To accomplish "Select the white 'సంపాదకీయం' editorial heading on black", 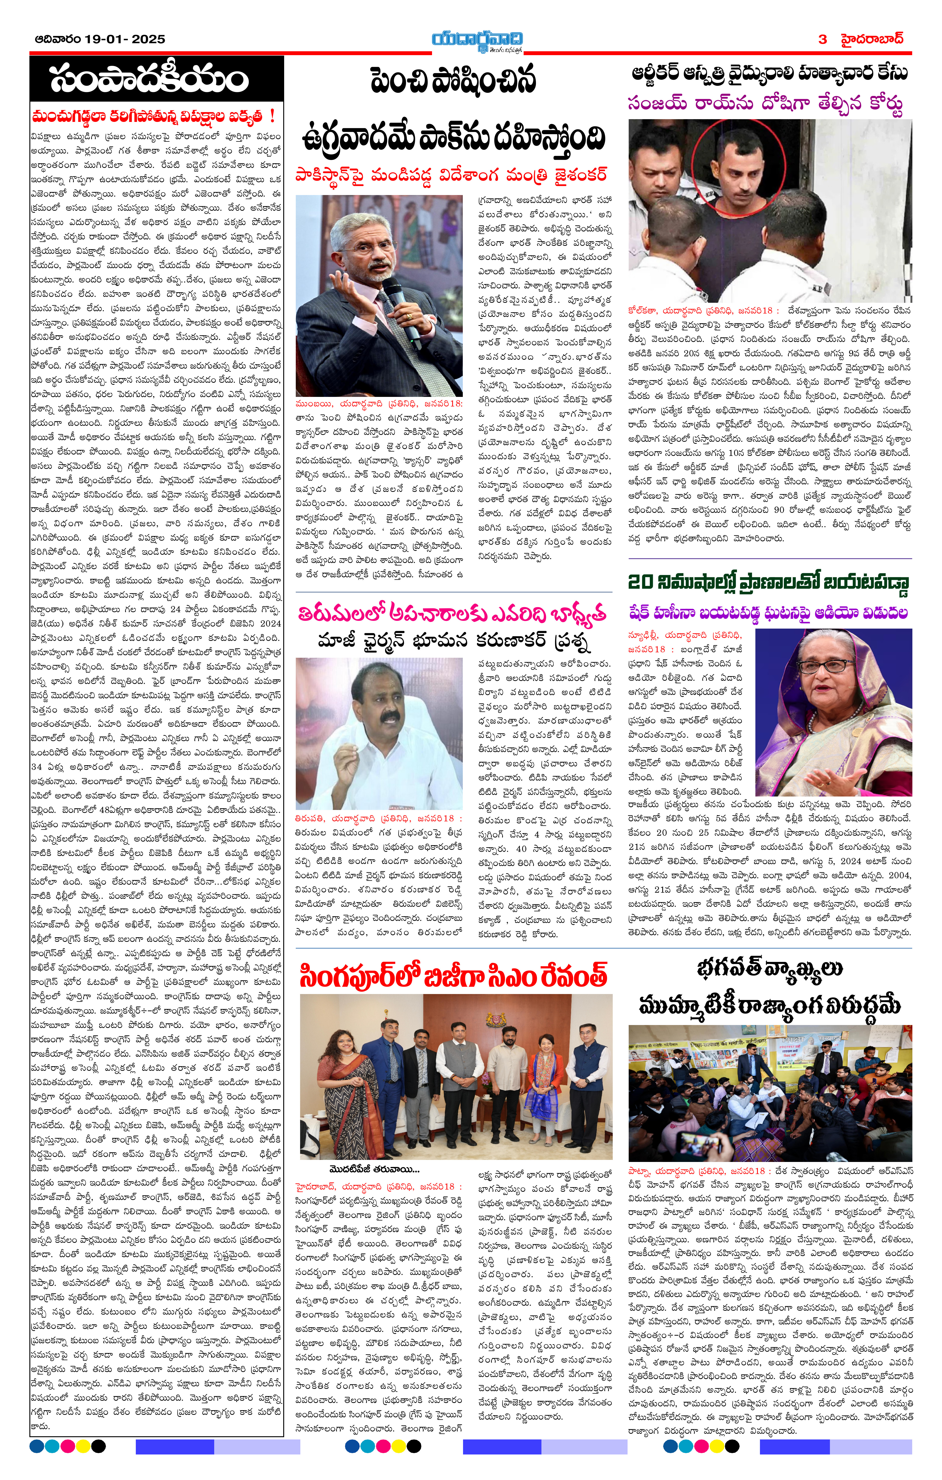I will (149, 79).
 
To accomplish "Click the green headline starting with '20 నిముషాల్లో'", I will (769, 581).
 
